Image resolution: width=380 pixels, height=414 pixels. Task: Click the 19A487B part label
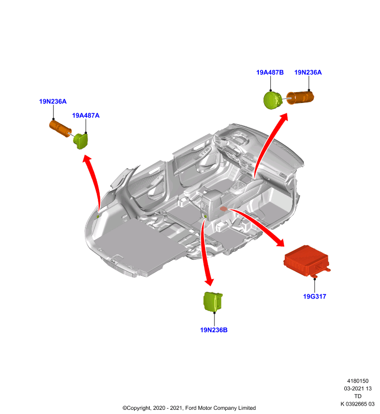tap(270, 72)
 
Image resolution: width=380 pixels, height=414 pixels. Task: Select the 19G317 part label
tap(314, 296)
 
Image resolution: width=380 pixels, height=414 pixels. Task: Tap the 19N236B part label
tap(214, 330)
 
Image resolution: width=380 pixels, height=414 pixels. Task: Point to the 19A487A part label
tap(86, 115)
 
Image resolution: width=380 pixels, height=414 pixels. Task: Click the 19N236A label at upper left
tap(53, 101)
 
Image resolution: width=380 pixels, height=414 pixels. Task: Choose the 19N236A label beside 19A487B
tap(308, 72)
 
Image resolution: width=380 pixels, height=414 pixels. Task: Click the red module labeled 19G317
tap(306, 261)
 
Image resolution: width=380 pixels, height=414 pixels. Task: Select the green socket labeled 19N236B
tap(213, 302)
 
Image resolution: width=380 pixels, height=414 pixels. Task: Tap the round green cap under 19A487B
tap(273, 100)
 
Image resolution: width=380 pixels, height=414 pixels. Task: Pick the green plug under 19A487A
tap(81, 141)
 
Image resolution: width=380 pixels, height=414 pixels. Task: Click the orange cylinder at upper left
tap(60, 128)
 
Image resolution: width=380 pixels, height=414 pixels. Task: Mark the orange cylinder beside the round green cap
tap(300, 98)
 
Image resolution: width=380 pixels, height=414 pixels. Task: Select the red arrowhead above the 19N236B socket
tap(209, 282)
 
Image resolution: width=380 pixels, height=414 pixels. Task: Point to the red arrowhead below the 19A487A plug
tap(87, 159)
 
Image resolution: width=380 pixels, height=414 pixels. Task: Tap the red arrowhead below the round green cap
tap(284, 117)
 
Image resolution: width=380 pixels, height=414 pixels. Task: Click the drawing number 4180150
tap(358, 381)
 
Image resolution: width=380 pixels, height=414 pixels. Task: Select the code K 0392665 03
tap(357, 404)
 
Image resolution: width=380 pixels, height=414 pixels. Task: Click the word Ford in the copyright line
tap(191, 408)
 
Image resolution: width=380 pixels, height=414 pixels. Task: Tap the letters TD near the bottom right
tap(358, 396)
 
